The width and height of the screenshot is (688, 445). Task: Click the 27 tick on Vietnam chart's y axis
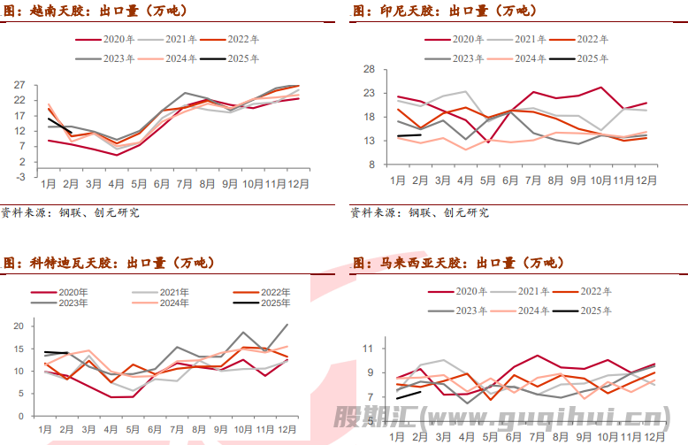pyautogui.click(x=19, y=85)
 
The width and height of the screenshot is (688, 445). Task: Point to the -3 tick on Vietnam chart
pyautogui.click(x=19, y=176)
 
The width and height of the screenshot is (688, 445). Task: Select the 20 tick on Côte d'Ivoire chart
pyautogui.click(x=19, y=326)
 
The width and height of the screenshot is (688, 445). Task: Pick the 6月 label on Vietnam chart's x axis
pyautogui.click(x=163, y=185)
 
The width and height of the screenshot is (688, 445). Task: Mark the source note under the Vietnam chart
pyautogui.click(x=71, y=212)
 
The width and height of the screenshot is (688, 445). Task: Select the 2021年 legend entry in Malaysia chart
pyautogui.click(x=535, y=290)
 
